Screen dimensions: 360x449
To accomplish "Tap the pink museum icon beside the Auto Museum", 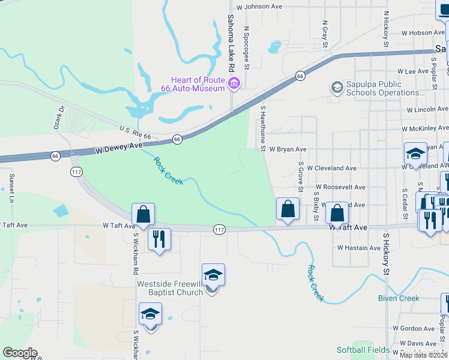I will pyautogui.click(x=234, y=84).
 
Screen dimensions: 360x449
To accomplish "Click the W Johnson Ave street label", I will pyautogui.click(x=259, y=7).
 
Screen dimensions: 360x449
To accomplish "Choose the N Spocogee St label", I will pyautogui.click(x=246, y=46).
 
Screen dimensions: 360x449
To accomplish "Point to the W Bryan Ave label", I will pyautogui.click(x=287, y=149).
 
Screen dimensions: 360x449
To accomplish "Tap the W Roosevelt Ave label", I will pyautogui.click(x=340, y=187).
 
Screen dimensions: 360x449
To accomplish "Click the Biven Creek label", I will pyautogui.click(x=399, y=298).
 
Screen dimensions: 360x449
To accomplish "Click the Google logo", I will pyautogui.click(x=20, y=353).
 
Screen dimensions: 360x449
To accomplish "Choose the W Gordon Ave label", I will pyautogui.click(x=414, y=328).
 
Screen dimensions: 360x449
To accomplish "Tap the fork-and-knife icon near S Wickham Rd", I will pyautogui.click(x=159, y=239).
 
